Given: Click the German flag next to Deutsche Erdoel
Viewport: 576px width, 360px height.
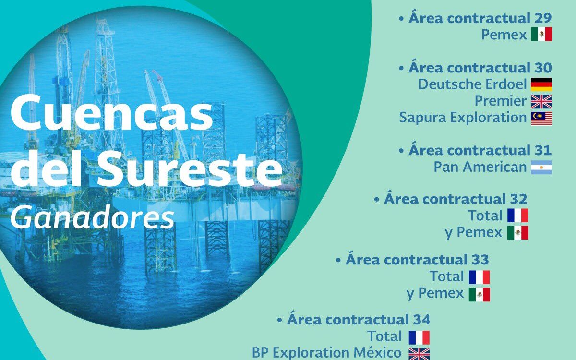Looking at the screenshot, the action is coord(541,84).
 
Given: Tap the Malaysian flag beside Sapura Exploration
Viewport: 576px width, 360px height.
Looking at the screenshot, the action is coord(541,119).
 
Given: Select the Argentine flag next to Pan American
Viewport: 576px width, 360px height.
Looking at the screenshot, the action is coord(541,168).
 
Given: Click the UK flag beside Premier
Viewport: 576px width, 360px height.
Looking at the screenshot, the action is coord(541,102).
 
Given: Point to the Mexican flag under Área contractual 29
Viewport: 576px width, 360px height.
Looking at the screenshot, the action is coord(541,34).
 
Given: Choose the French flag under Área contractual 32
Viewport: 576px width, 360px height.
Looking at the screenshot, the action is coord(517,216).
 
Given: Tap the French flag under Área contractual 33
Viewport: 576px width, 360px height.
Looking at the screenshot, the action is coord(480,277).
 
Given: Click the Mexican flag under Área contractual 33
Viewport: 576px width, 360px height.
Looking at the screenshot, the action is coord(480,294).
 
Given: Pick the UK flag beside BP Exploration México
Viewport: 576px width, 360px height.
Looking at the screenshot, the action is coord(419,354).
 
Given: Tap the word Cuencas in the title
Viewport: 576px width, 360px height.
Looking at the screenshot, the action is coord(111,113).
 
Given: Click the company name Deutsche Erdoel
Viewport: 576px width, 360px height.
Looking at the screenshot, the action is coord(472,84).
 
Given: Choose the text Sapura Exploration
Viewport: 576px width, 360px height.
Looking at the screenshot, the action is coord(463,118).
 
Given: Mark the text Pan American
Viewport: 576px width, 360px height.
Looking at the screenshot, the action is coord(480,167).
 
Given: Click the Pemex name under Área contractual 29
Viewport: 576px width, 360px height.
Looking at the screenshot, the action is coord(504,35).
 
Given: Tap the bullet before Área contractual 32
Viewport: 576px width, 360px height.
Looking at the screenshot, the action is coord(377,200).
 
